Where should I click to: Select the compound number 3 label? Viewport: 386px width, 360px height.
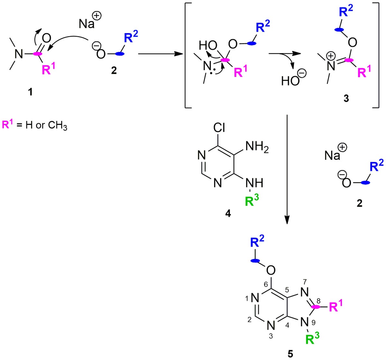click(346, 99)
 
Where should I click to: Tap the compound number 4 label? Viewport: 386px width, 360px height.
click(228, 214)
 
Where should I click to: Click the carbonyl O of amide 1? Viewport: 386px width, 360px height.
click(46, 39)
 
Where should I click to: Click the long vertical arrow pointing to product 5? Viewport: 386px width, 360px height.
click(287, 167)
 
